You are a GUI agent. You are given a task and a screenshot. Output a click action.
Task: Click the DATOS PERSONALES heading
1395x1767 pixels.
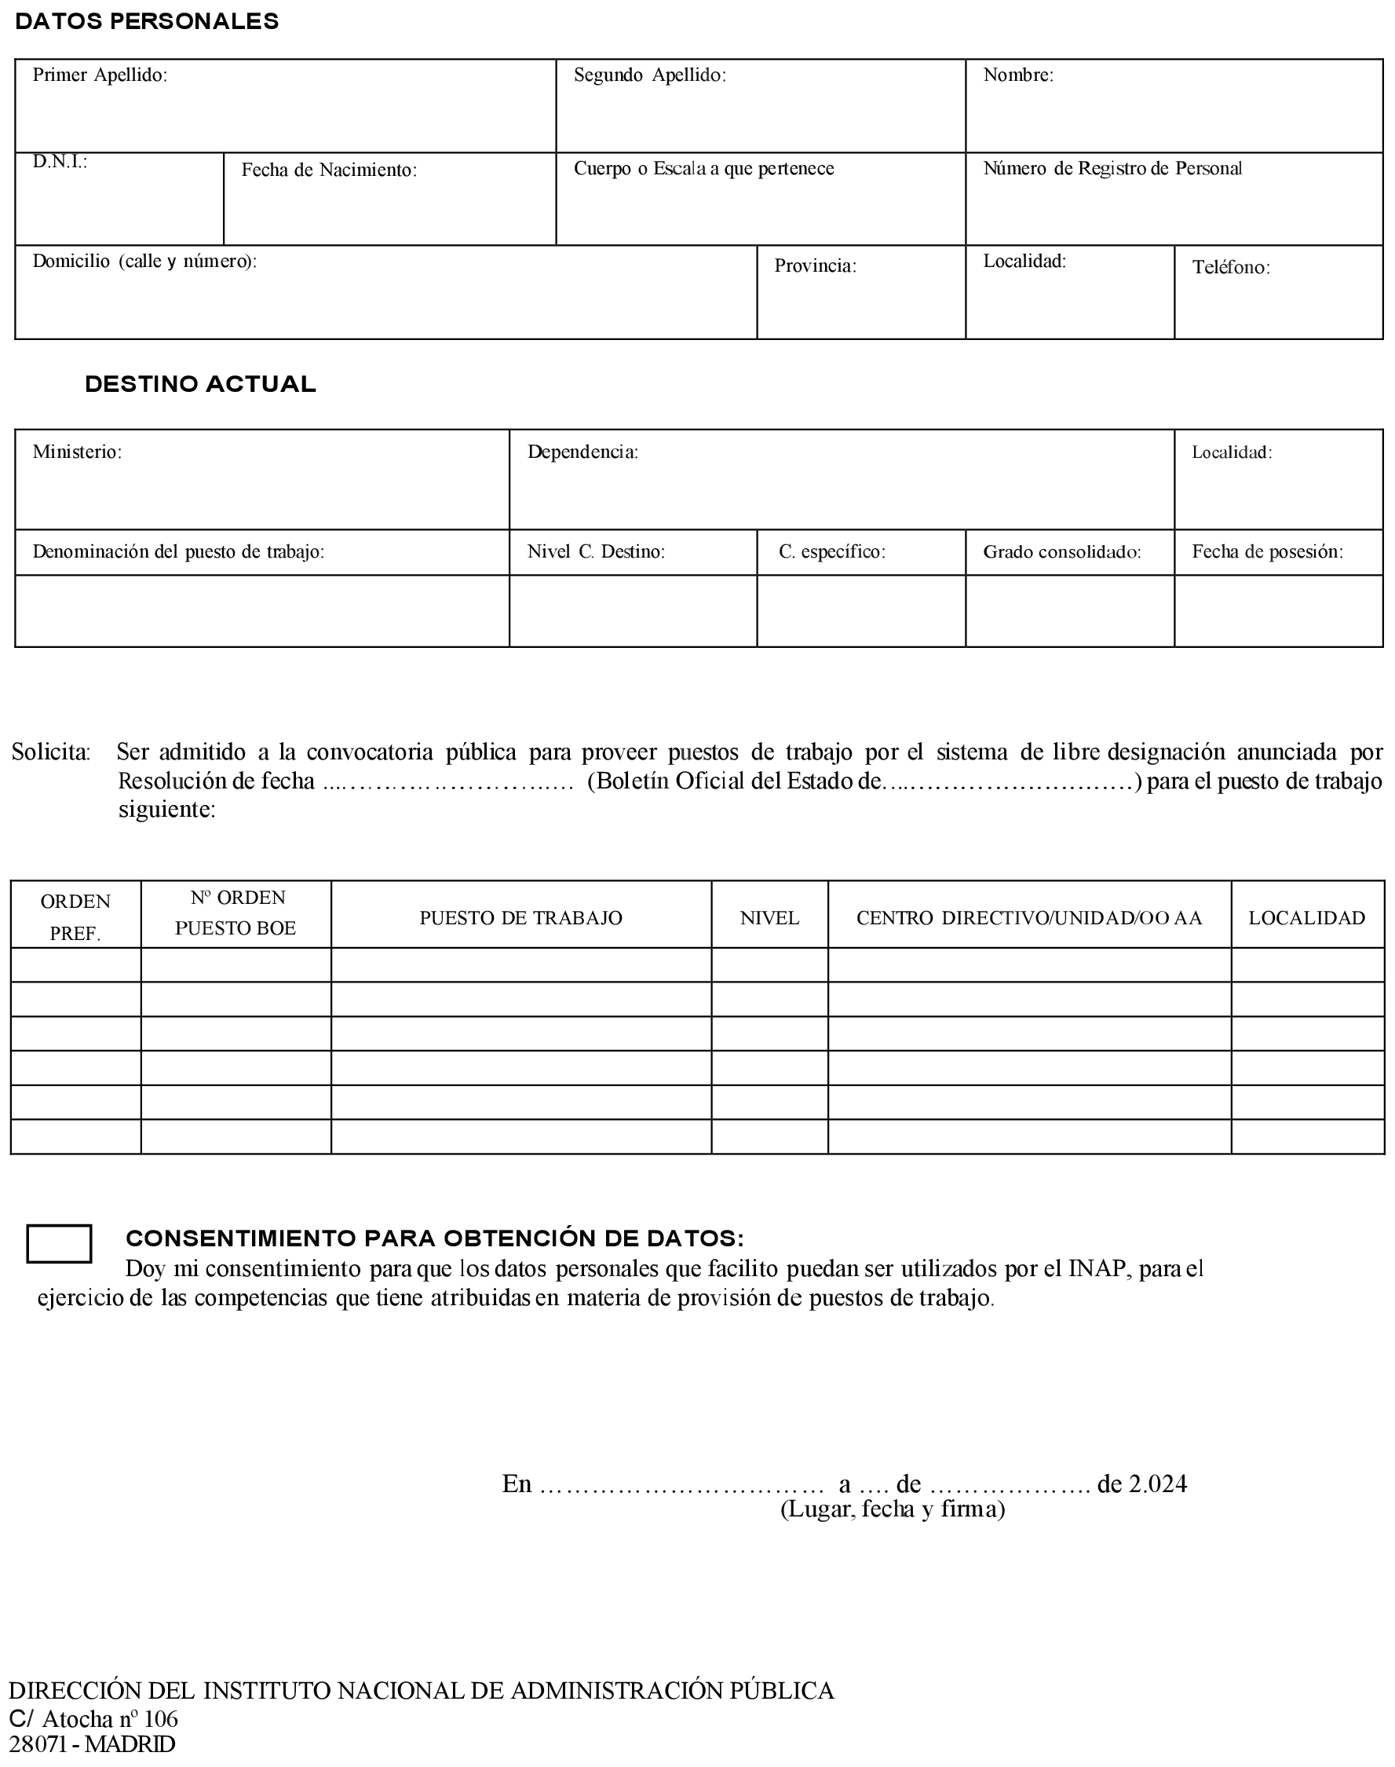147,22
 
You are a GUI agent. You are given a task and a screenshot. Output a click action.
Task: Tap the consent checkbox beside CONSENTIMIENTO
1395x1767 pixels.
59,1243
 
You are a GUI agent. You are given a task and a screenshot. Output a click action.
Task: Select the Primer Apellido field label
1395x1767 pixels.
100,75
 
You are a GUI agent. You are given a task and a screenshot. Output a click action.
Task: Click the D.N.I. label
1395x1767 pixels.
60,162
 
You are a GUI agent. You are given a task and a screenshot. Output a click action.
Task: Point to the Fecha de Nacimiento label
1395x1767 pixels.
328,170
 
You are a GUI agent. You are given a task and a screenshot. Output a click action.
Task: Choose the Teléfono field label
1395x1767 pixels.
1230,267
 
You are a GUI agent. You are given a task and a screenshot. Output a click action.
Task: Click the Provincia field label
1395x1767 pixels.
814,265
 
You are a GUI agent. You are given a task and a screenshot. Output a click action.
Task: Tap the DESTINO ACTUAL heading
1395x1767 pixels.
200,384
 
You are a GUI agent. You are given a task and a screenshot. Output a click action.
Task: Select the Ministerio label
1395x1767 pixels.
77,452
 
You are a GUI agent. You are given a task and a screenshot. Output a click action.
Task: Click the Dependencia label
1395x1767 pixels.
582,452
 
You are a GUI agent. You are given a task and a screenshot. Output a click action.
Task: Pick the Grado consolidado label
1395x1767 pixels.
1061,552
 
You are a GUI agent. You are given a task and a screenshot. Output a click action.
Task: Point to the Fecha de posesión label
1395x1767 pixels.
1267,552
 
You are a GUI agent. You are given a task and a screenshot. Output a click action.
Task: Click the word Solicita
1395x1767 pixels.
51,752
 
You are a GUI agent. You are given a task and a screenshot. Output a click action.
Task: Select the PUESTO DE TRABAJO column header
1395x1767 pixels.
520,918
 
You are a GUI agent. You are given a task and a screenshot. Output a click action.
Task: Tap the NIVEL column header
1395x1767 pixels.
769,918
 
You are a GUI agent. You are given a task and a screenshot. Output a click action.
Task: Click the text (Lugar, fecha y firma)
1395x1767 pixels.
892,1509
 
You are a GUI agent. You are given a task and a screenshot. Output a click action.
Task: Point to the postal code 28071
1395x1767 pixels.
38,1745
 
